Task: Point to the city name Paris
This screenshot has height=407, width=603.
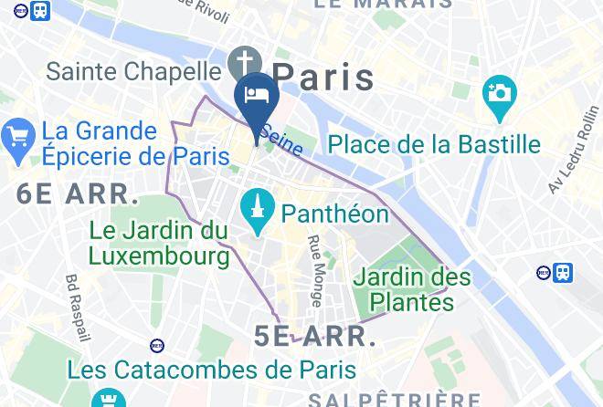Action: (323, 77)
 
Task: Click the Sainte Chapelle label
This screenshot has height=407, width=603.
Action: (132, 70)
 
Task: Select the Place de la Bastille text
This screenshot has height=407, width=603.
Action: (434, 144)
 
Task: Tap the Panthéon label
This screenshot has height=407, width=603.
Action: (335, 214)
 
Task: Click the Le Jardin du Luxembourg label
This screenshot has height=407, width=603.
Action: (159, 244)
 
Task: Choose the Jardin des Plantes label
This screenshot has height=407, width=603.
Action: (412, 287)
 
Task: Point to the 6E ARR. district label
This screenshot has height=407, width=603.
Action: (78, 194)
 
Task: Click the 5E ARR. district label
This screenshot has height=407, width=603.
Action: (315, 336)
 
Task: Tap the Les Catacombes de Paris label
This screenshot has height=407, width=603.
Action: (211, 370)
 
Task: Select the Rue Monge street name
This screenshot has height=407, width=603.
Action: (315, 270)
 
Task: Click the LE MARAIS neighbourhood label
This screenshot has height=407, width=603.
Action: (383, 5)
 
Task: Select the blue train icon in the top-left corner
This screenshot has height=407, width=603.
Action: (40, 11)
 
